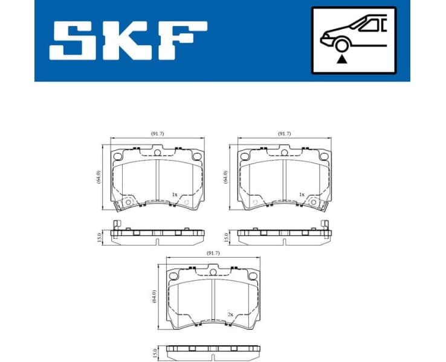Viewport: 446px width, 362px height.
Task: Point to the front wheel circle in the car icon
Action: click(x=342, y=45)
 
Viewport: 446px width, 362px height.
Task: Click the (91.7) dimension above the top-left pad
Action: click(x=158, y=133)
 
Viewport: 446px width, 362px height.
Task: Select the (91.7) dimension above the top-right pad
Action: click(x=285, y=133)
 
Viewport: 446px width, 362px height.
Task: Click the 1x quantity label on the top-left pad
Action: click(x=174, y=195)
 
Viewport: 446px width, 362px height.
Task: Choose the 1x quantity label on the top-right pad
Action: click(x=301, y=195)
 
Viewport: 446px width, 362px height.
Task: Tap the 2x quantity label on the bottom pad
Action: click(x=230, y=314)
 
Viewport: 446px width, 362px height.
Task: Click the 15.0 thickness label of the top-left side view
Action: click(x=99, y=237)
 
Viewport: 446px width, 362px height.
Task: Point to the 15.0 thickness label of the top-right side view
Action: click(x=226, y=237)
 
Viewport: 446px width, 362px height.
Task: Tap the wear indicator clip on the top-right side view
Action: click(x=326, y=226)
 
